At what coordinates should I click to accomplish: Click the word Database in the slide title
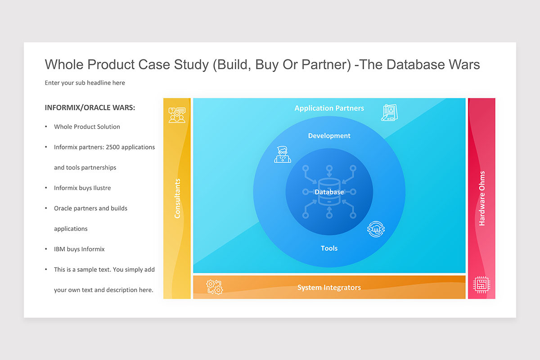coord(416,65)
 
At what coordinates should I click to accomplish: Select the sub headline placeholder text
coord(85,83)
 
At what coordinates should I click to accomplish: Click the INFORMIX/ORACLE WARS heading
coord(90,108)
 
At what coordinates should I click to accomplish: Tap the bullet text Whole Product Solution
coord(87,127)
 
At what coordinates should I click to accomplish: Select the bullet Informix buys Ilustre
coord(82,188)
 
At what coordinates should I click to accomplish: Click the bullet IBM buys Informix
coord(79,249)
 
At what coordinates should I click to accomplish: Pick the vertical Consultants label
coord(177,198)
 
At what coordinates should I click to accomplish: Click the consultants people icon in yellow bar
coord(177,115)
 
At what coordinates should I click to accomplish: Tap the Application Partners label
coord(329,108)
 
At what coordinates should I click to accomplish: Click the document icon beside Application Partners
coord(389,112)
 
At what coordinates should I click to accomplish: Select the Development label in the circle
coord(329,136)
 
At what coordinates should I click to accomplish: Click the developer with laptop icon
coord(283,154)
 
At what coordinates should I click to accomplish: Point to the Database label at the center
coord(329,192)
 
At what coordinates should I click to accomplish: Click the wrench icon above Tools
coord(376,229)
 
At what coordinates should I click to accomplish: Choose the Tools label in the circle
coord(329,248)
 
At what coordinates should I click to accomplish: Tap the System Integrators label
coord(329,288)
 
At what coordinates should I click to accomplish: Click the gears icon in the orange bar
coord(214,287)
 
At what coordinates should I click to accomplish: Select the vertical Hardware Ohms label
coord(482,198)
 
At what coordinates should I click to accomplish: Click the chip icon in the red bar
coord(481,285)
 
